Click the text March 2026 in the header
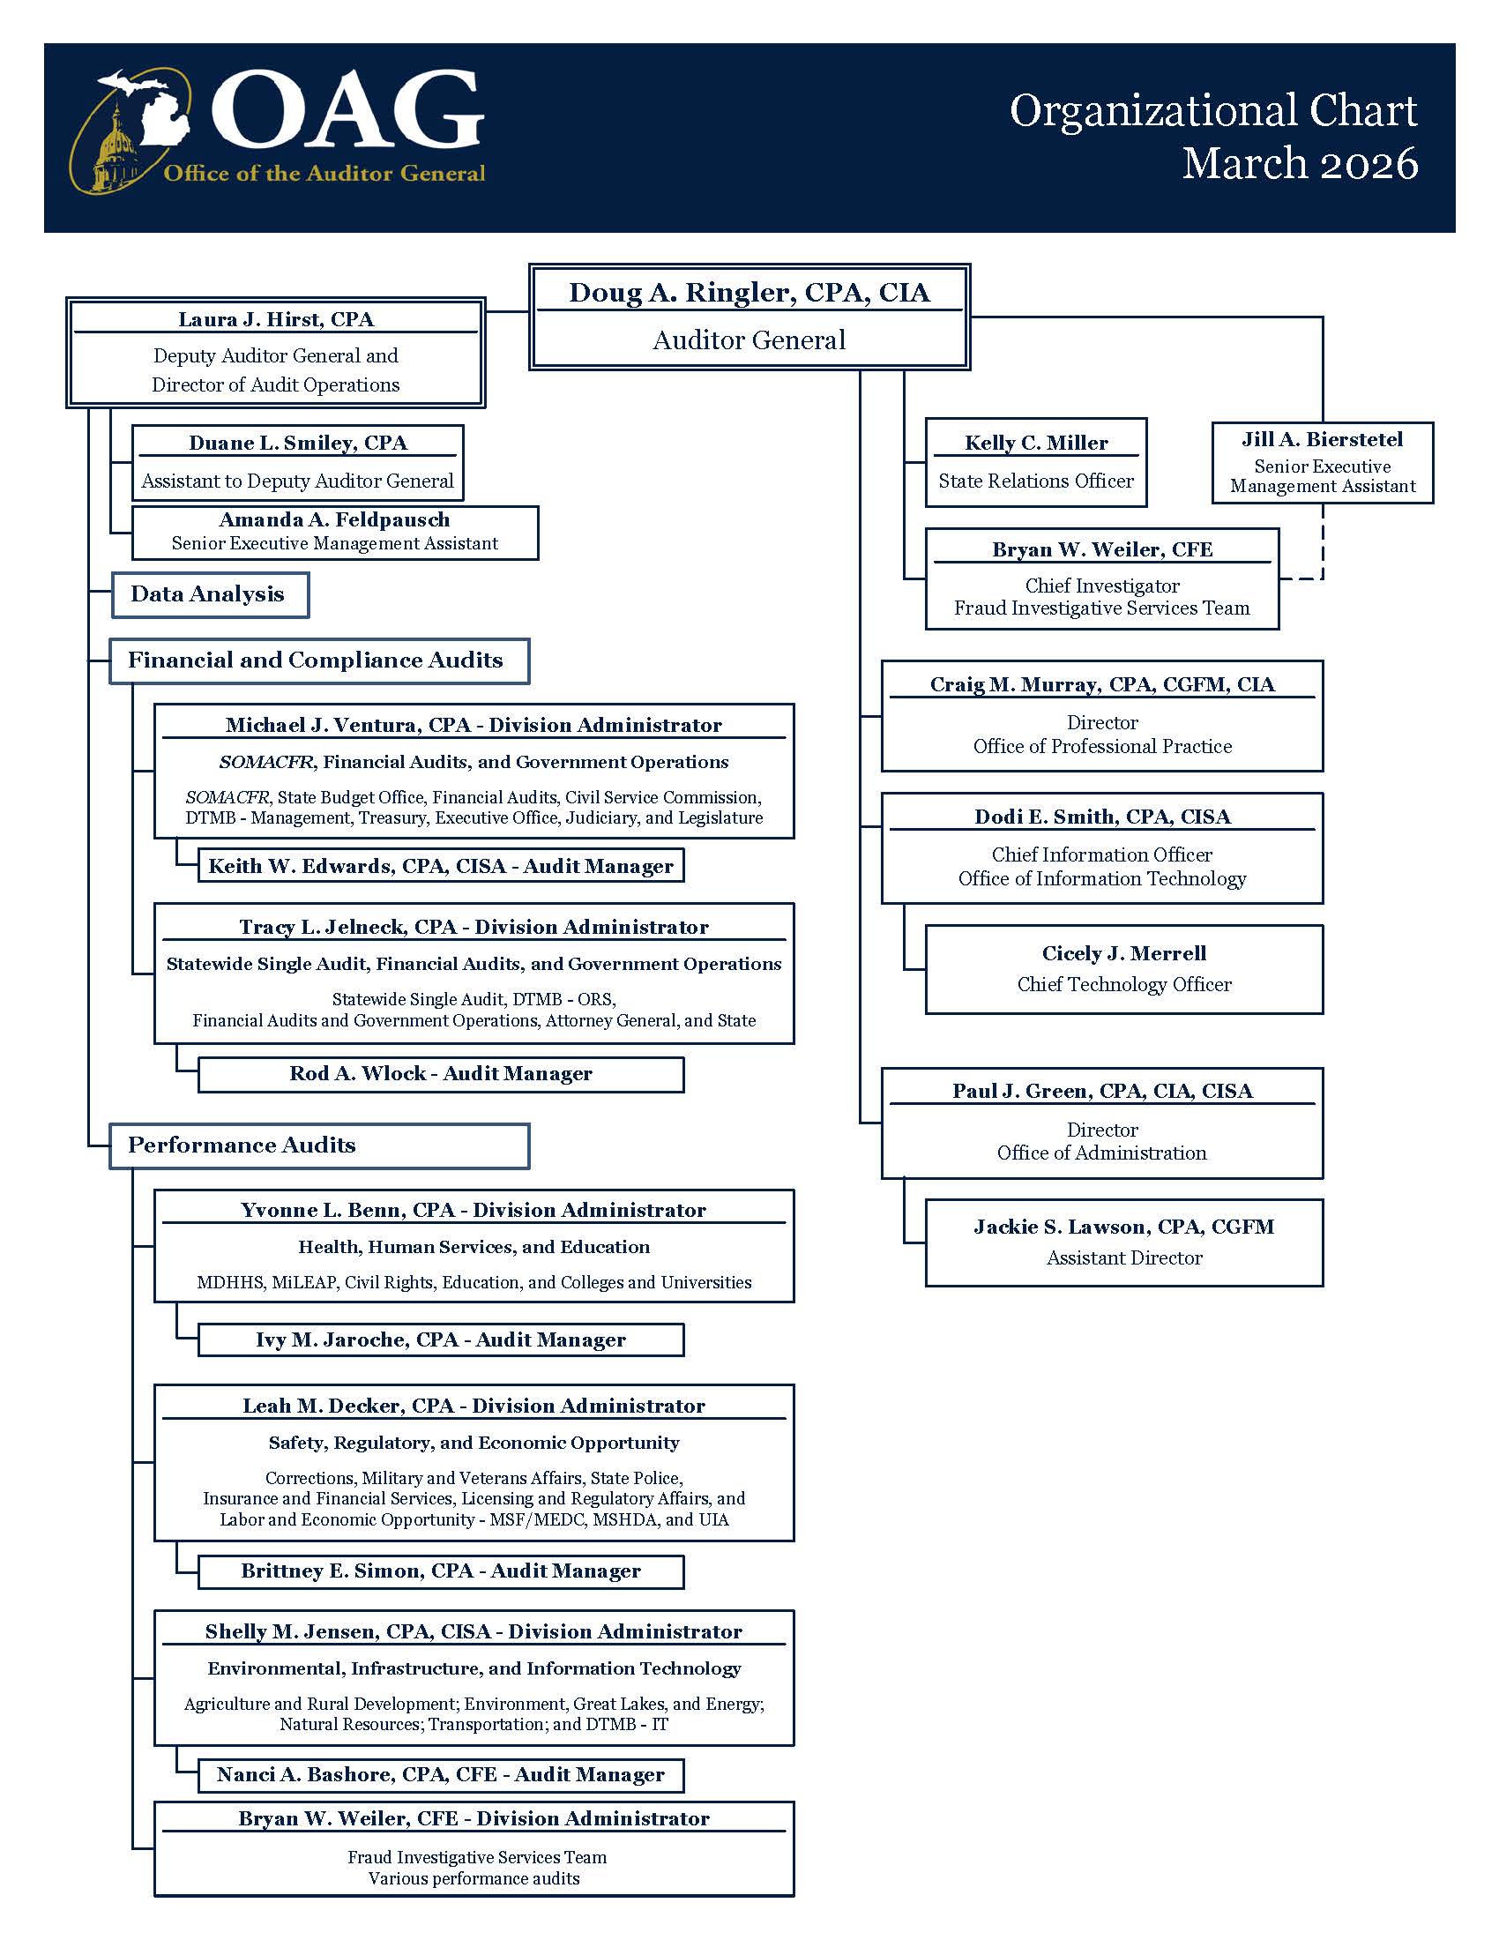point(1299,163)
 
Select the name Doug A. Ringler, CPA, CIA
point(749,292)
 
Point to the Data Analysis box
point(210,594)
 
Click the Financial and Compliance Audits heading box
point(319,660)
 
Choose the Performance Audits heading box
point(319,1145)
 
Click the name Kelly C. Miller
point(1035,443)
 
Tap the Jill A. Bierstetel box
point(1322,462)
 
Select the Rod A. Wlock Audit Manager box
point(441,1073)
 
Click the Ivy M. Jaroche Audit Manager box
point(441,1339)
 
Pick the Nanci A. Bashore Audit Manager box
point(441,1774)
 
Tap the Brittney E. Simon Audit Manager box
point(441,1571)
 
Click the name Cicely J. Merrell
point(1123,953)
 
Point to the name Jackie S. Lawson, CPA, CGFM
point(1123,1227)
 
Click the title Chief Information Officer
point(1101,854)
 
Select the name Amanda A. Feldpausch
point(334,519)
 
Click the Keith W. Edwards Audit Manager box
point(441,866)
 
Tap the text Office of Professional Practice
point(1101,746)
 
